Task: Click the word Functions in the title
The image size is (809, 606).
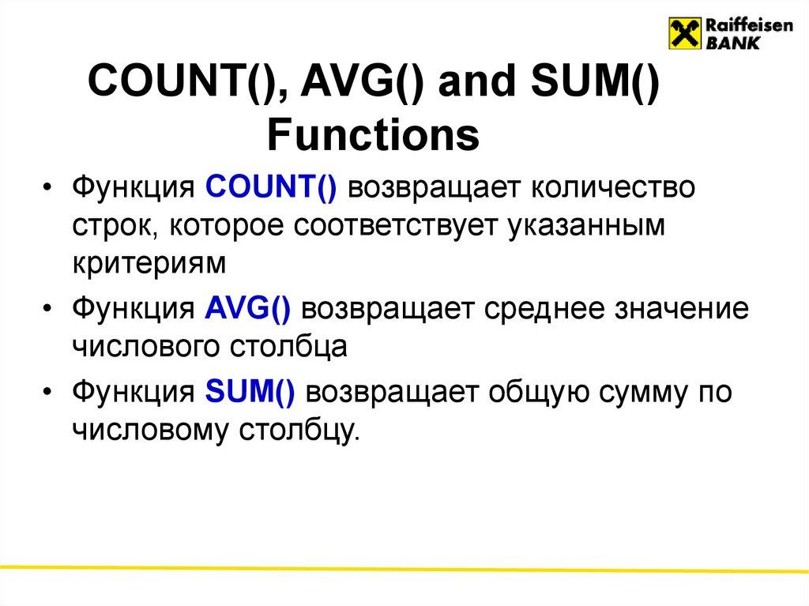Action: point(373,135)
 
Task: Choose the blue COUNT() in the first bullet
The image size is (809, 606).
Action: point(271,190)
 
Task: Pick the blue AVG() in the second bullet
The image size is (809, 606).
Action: point(249,309)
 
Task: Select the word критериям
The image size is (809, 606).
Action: point(151,264)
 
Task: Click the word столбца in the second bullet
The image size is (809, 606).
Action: point(291,346)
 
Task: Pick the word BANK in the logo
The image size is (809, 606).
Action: point(732,44)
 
